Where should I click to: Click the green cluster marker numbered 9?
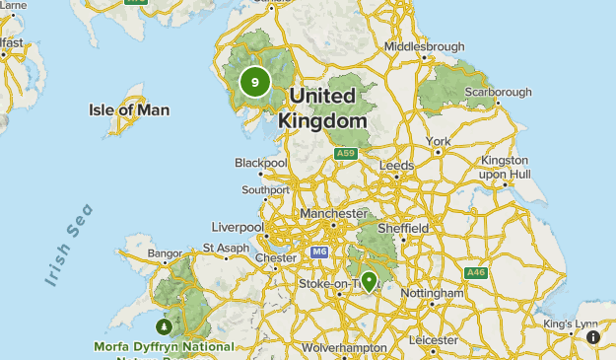(x=255, y=82)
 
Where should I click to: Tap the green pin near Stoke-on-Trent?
(x=370, y=281)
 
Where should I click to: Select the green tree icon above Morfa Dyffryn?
(x=164, y=326)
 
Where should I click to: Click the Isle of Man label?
(x=129, y=109)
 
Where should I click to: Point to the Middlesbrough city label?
(x=424, y=46)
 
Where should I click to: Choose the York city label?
(x=440, y=141)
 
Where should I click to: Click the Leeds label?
(x=396, y=165)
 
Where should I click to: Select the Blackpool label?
(x=260, y=163)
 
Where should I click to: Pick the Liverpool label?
(x=237, y=227)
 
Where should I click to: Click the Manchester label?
(x=333, y=213)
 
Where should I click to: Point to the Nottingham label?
(x=433, y=293)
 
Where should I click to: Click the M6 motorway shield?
(x=318, y=252)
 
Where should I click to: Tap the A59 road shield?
(x=345, y=154)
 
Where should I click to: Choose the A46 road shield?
(x=477, y=272)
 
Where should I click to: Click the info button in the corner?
(x=593, y=337)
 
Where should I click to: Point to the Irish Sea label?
(x=69, y=245)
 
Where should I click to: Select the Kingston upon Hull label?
(x=504, y=167)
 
